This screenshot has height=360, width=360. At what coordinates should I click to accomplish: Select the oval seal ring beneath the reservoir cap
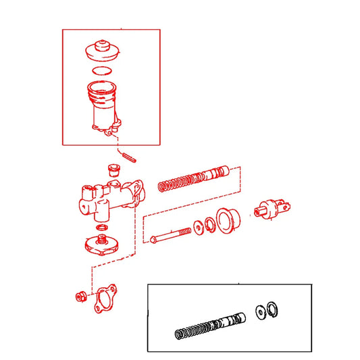tap(102, 70)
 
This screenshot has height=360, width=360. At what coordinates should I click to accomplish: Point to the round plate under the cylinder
tap(102, 246)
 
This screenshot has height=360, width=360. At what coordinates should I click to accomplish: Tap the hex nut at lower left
tap(79, 296)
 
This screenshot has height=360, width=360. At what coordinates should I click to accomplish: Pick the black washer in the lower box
tap(261, 311)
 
